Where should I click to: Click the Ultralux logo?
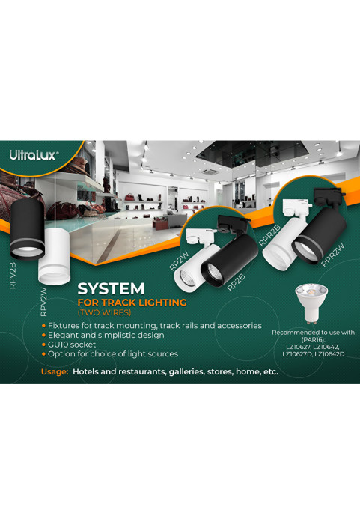coord(34,155)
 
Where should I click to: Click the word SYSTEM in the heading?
coord(111,288)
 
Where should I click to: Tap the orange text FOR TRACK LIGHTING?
coord(132,303)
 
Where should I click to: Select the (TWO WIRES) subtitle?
coord(104,312)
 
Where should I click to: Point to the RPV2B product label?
coord(13,276)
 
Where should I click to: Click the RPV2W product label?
coord(43,302)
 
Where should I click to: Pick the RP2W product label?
coord(179,261)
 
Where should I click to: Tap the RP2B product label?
coord(237,282)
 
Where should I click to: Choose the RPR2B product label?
coord(269,236)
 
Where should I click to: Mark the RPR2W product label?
coord(332,255)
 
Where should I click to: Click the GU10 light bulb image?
coord(311,303)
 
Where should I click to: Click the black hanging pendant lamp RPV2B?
coord(27,230)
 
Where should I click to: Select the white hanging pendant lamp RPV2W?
coord(54,256)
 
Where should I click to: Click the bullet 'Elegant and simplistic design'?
coord(103,336)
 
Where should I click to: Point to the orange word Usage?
coord(55,372)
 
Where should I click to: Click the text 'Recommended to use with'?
coord(313,333)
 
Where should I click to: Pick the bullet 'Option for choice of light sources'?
coord(110,354)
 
